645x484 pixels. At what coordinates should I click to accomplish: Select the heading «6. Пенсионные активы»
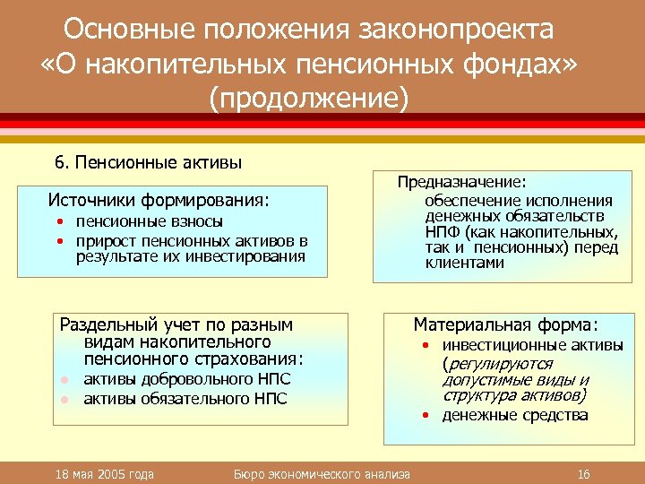(x=148, y=162)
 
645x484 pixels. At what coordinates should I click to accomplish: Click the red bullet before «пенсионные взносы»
(x=58, y=221)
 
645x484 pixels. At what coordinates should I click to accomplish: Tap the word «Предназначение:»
(x=462, y=181)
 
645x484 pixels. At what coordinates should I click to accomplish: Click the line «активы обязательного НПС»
(x=185, y=398)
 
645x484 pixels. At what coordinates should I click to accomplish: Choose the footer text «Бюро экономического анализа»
(x=322, y=473)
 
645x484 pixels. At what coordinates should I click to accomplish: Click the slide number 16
(x=583, y=473)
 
